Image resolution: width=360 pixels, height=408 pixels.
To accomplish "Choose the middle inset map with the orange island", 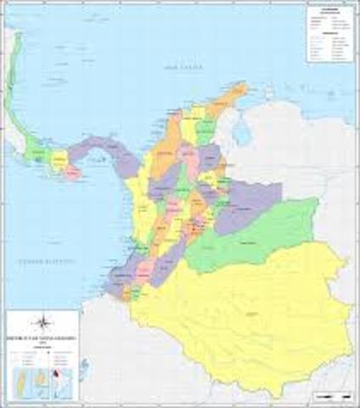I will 39,378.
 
